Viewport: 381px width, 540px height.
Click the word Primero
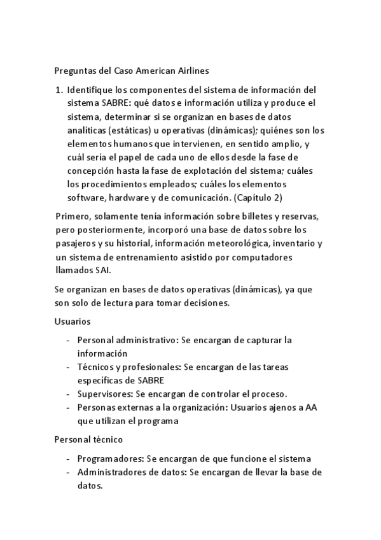[x=73, y=218]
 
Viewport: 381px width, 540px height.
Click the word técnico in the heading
[x=108, y=439]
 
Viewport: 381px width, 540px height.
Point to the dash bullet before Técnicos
[x=68, y=367]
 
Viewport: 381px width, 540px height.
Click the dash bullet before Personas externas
[x=68, y=407]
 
